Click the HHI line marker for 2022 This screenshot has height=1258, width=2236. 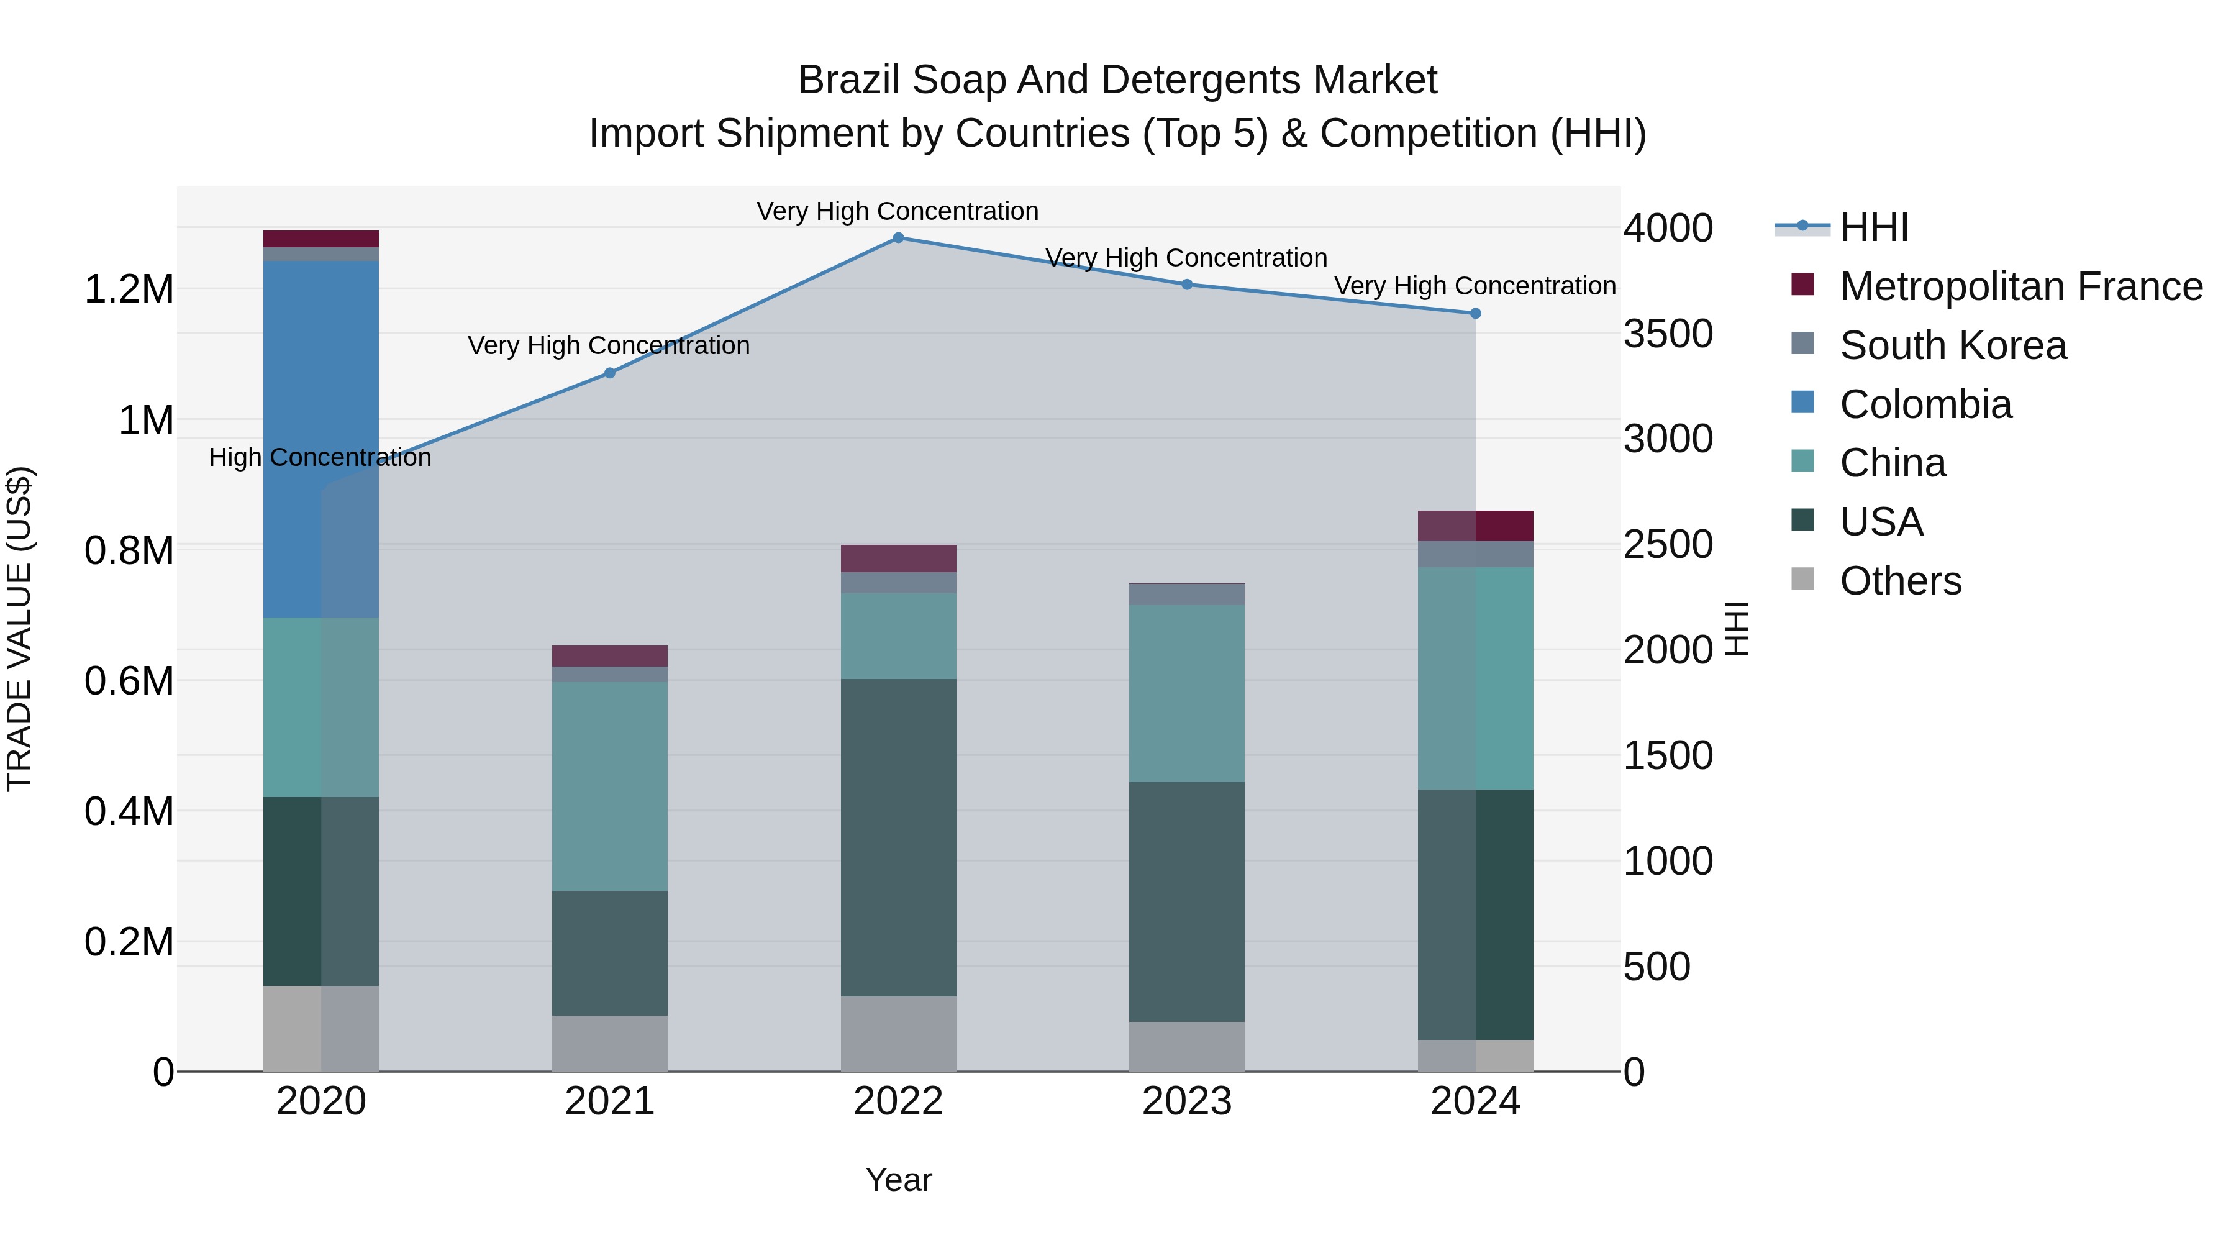[898, 237]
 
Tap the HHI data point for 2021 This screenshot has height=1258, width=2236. [609, 373]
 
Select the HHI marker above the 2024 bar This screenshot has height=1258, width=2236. [1476, 314]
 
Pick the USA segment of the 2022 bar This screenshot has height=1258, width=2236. [898, 838]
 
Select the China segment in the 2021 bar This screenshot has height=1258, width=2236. [609, 786]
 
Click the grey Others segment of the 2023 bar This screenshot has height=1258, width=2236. [1186, 1046]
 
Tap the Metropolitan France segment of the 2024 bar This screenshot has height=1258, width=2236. [1476, 526]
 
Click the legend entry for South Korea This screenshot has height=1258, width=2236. [1953, 345]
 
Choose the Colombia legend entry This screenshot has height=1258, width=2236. [1925, 404]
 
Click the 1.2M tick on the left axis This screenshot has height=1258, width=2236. [129, 289]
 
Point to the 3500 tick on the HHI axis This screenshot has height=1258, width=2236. [1668, 334]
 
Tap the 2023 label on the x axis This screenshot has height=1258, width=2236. [1186, 1101]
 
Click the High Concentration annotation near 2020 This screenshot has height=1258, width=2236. [320, 457]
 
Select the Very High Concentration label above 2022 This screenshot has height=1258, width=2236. [898, 211]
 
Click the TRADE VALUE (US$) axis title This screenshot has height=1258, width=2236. [19, 629]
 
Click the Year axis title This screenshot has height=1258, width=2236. [898, 1180]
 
